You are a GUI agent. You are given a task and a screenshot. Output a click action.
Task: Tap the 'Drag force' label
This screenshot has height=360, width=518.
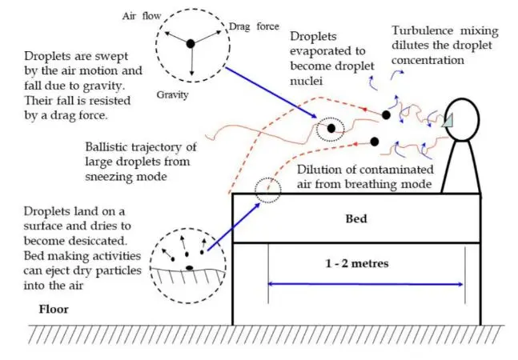[x=254, y=26]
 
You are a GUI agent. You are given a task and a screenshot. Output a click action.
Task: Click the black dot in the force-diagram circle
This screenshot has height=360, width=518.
[x=191, y=43]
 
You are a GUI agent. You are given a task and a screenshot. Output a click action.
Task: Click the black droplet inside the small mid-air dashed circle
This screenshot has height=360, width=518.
[x=331, y=128]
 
